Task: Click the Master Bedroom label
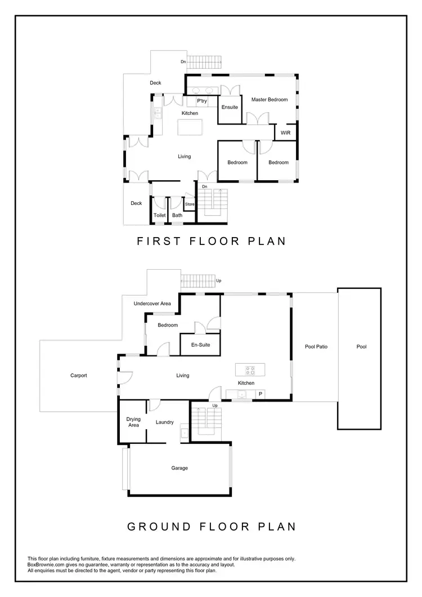[270, 100]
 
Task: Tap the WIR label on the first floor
[285, 133]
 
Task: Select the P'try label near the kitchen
[202, 101]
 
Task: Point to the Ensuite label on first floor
[230, 107]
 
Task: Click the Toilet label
[160, 215]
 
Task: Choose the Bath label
[177, 215]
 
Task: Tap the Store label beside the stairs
[190, 204]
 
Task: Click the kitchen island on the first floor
[190, 128]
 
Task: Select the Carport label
[79, 376]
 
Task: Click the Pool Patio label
[316, 346]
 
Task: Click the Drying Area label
[133, 422]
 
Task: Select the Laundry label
[165, 422]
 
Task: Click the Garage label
[179, 468]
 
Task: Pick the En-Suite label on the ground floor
[200, 345]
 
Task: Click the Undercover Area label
[152, 304]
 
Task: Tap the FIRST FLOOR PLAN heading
[212, 241]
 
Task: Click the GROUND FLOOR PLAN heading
[211, 527]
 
